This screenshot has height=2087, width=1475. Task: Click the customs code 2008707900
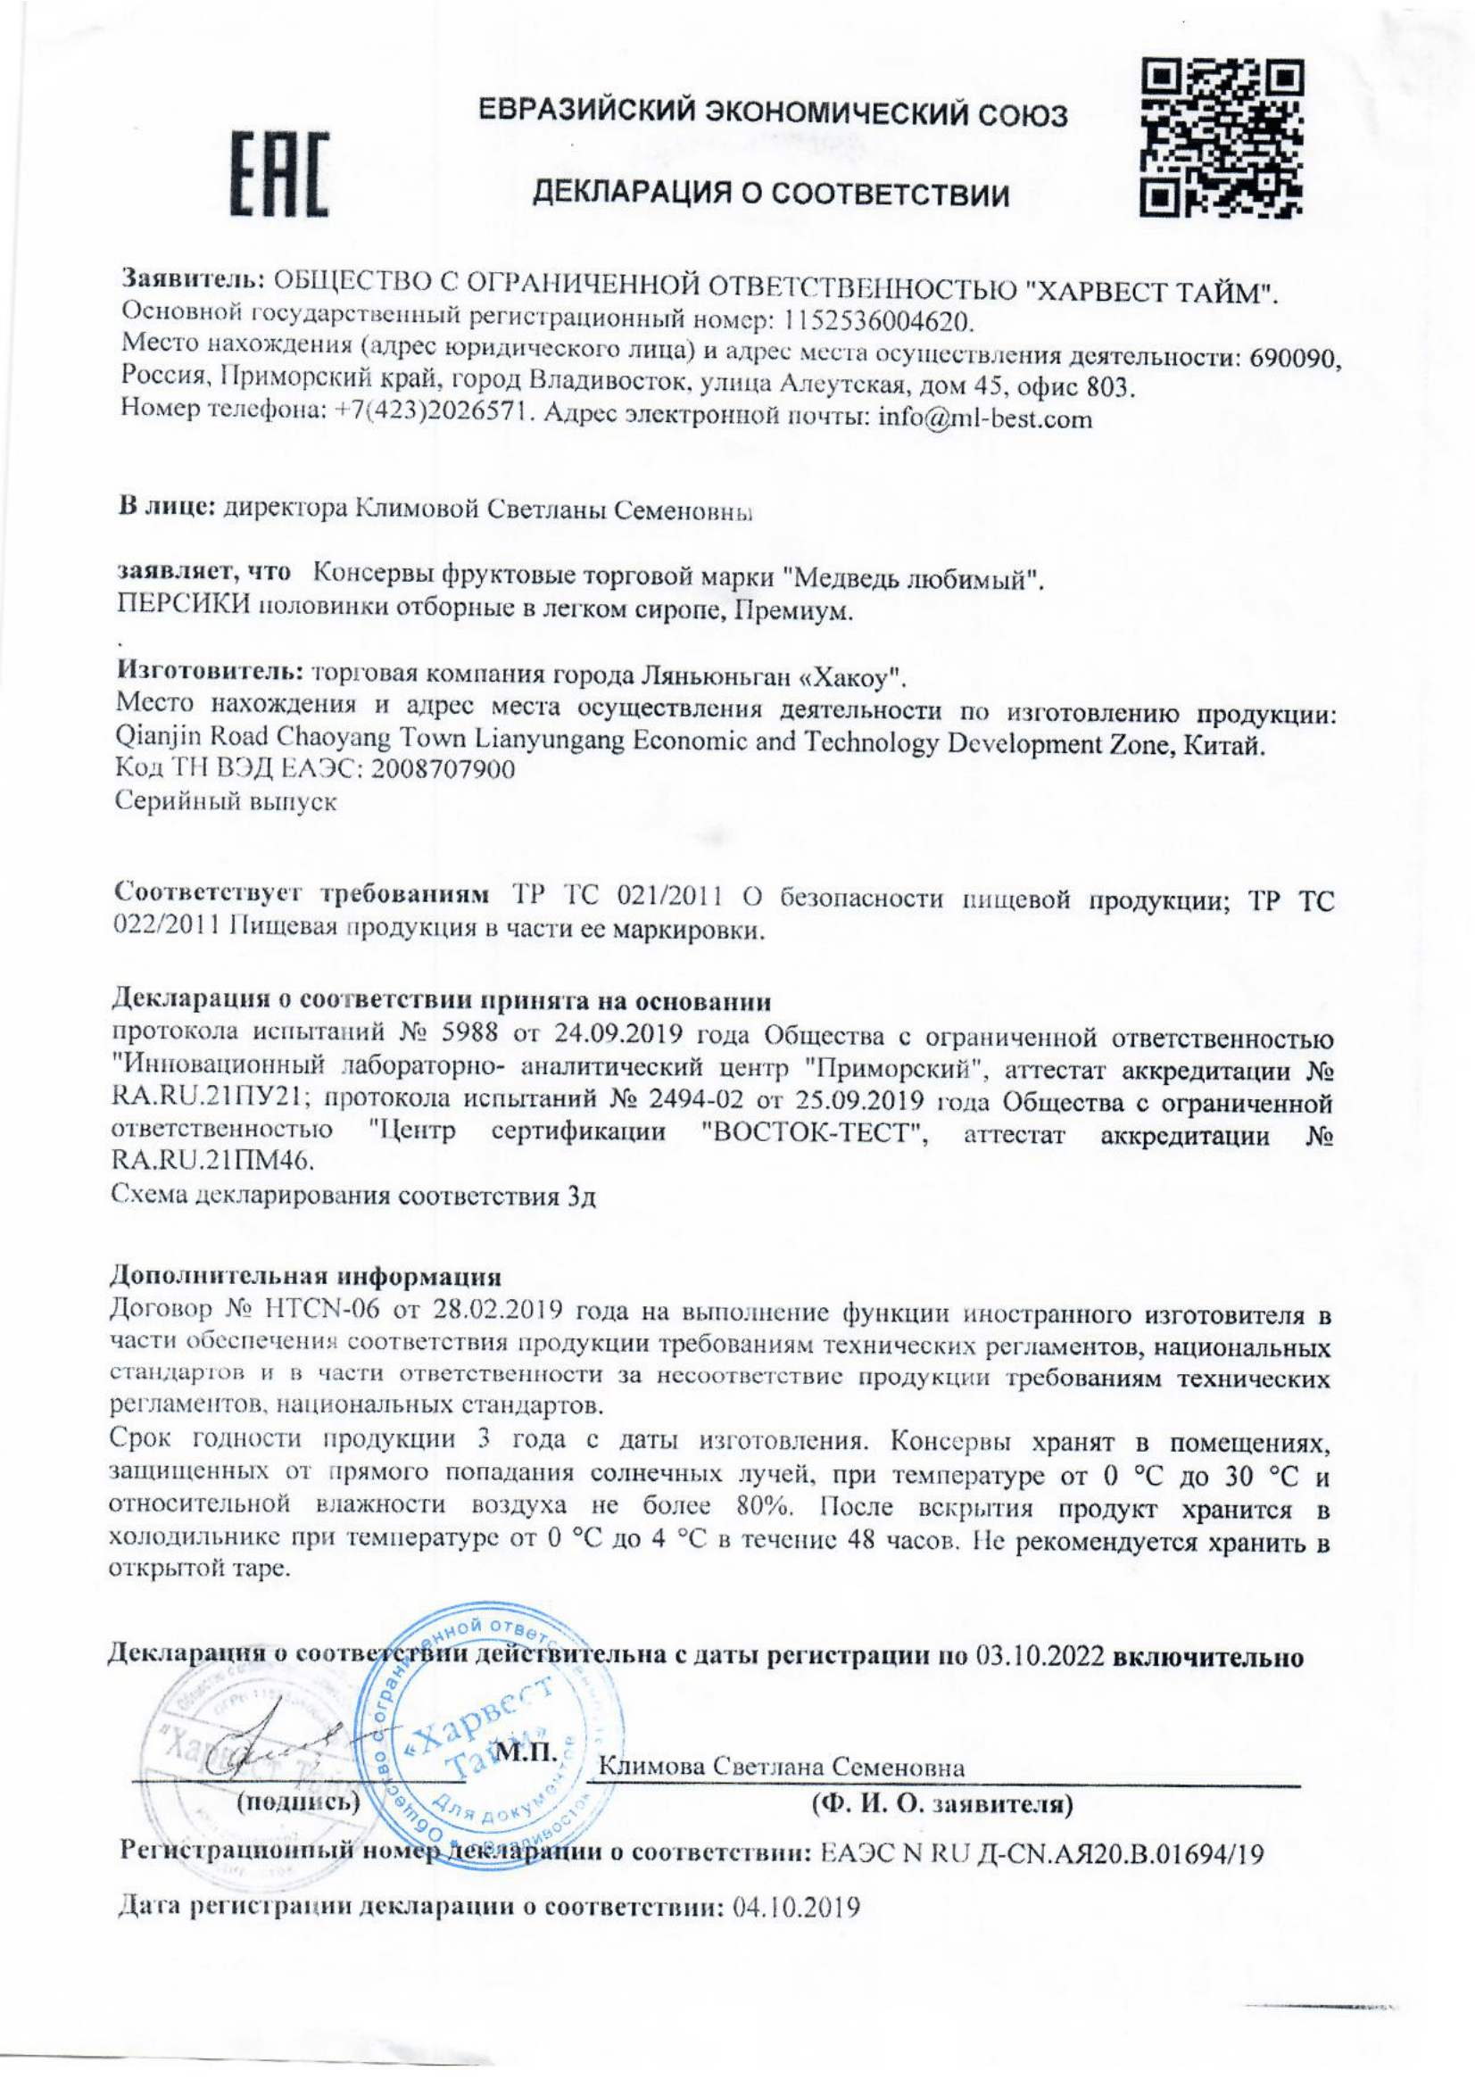click(439, 770)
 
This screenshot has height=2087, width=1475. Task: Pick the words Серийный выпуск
click(228, 804)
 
